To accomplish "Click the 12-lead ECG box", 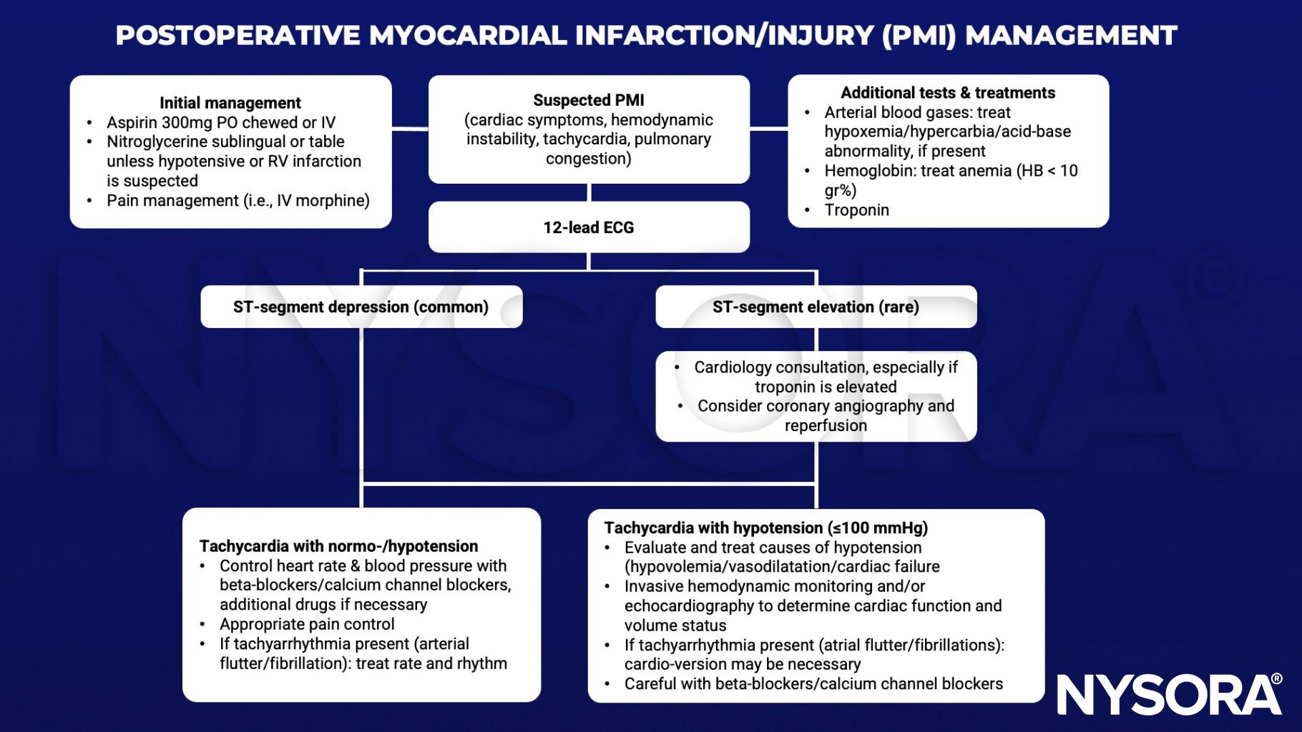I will click(589, 227).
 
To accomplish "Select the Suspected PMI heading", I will click(589, 100).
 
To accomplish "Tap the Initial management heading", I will click(230, 103).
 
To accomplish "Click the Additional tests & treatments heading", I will click(948, 93).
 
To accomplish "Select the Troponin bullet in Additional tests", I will click(856, 210).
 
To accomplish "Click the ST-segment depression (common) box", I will click(361, 307).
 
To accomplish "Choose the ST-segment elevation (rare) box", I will click(816, 307).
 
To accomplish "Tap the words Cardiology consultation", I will click(780, 367).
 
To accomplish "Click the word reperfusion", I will click(826, 426).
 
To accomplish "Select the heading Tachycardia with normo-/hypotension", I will click(338, 546).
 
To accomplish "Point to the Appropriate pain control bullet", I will click(307, 624).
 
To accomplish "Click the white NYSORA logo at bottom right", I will click(1168, 694).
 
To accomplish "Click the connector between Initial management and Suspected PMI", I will click(410, 129).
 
